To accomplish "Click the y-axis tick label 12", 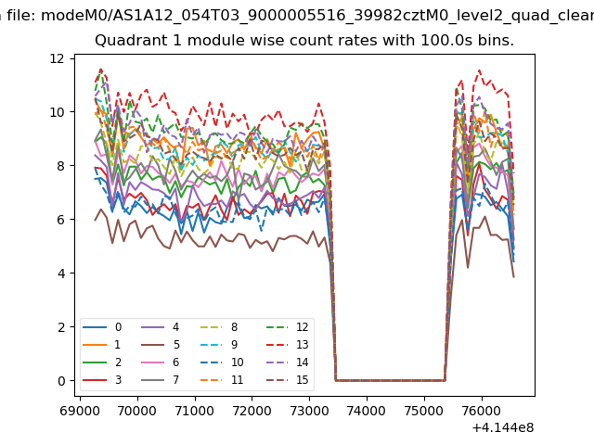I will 57,58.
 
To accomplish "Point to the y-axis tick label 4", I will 59,273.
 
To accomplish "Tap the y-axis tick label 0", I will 59,381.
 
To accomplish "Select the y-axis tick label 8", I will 59,166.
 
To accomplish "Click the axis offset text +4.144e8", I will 497,426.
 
